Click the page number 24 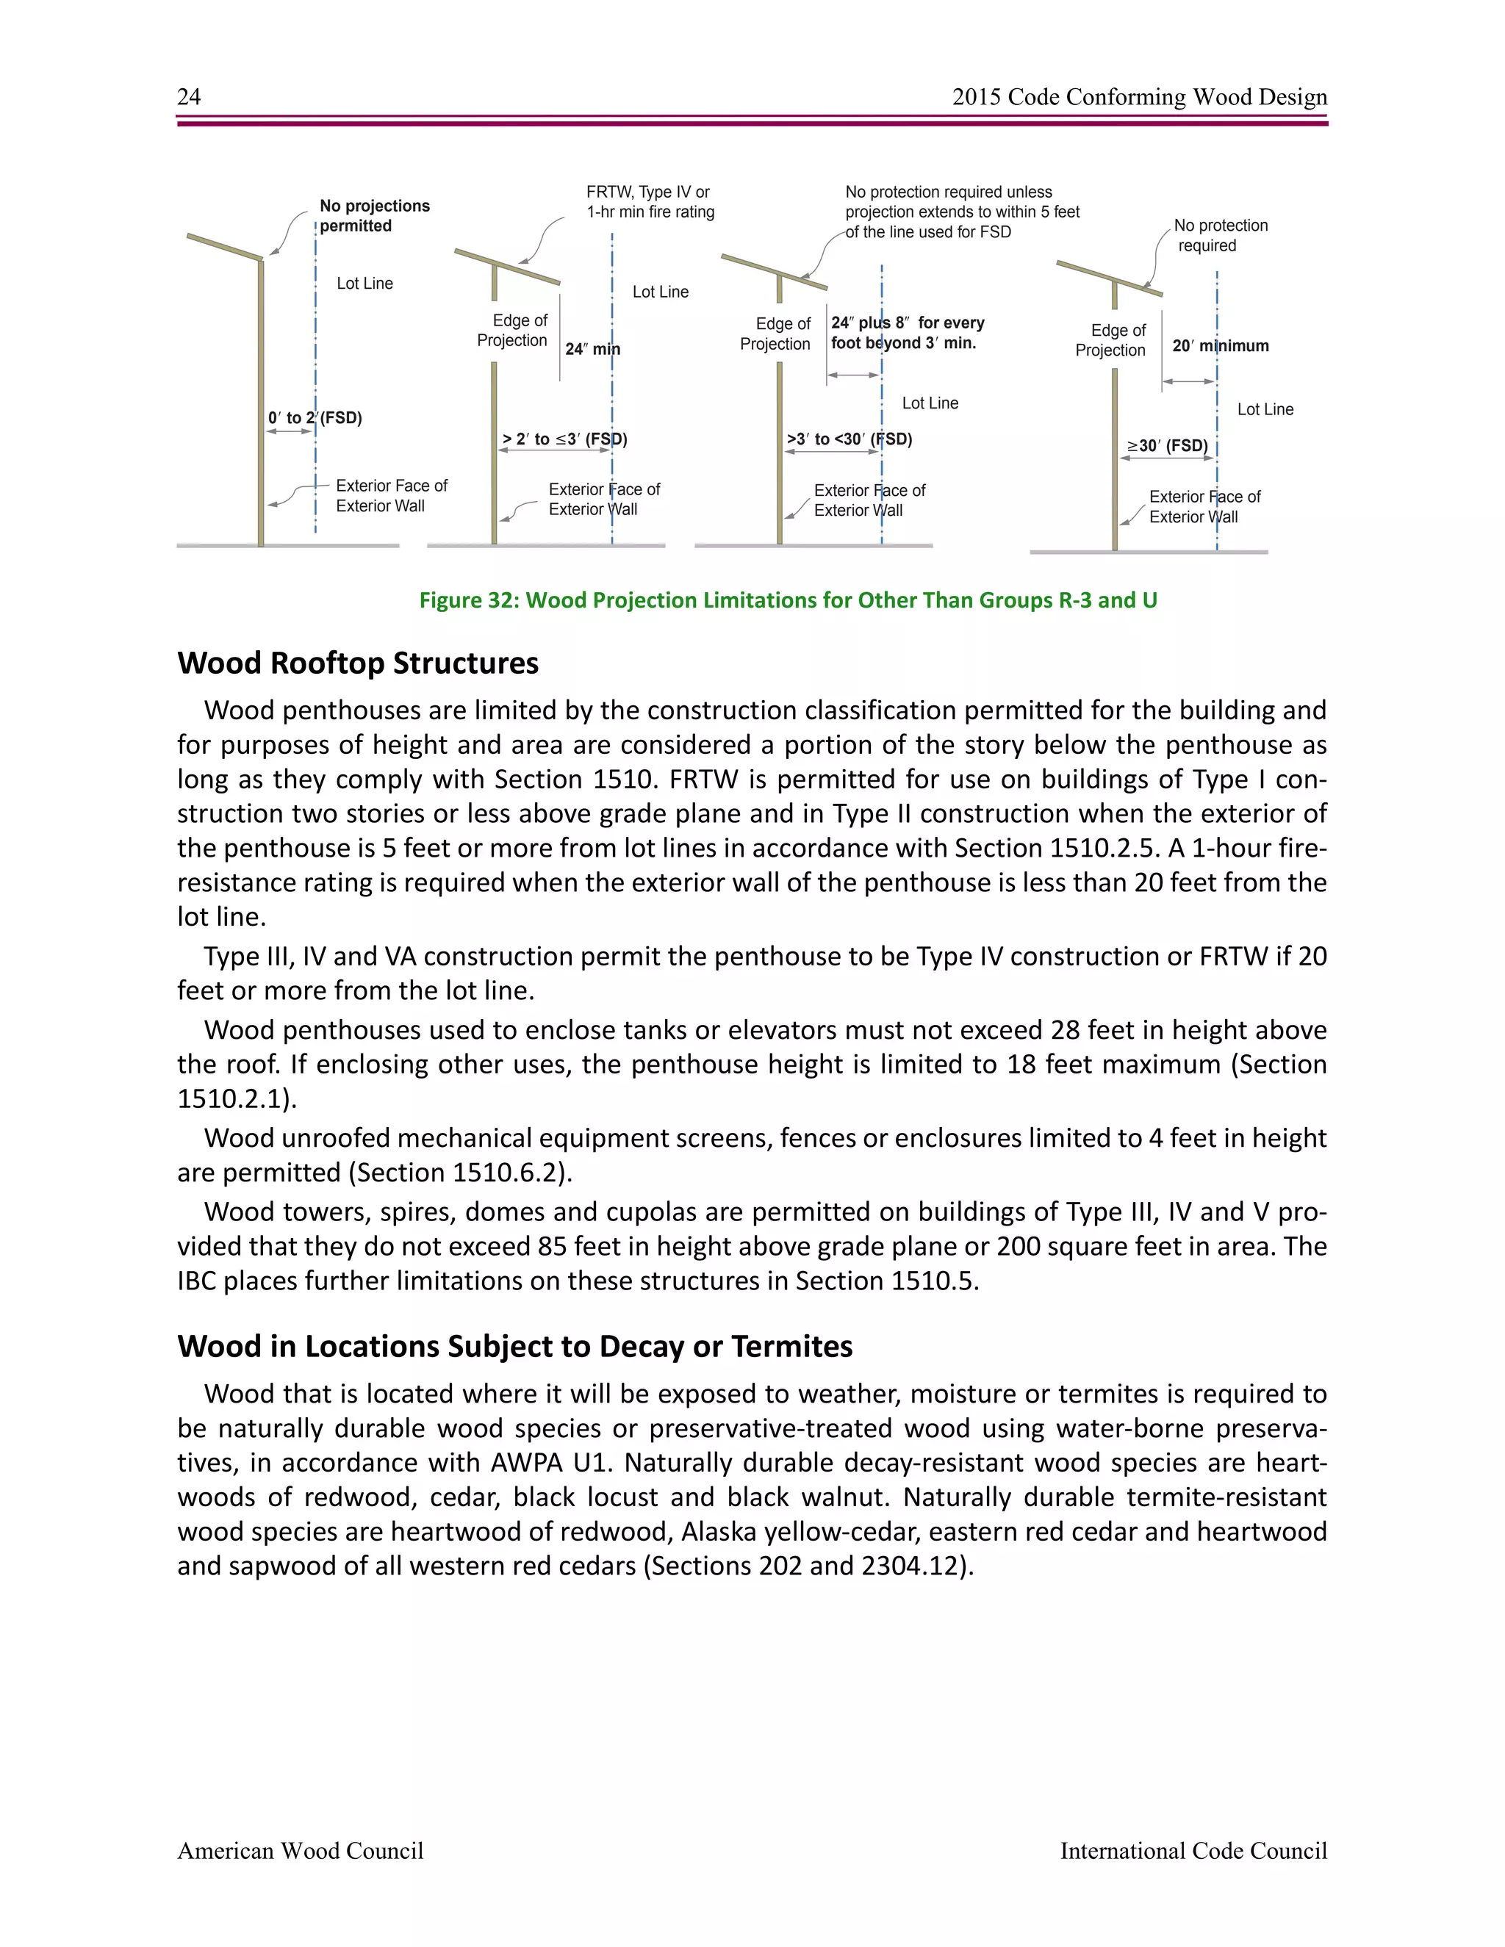coord(189,96)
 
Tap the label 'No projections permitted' coord(375,216)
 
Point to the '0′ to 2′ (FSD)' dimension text coord(315,418)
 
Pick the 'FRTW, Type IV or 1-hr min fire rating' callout coord(650,201)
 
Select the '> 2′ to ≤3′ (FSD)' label coord(564,439)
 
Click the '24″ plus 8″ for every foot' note coord(907,333)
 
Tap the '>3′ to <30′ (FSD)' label coord(849,439)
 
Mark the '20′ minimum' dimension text coord(1220,346)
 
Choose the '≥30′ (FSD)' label coord(1167,446)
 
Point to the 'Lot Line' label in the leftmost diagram coord(364,284)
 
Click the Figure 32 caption coord(789,600)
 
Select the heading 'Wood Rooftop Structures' coord(358,663)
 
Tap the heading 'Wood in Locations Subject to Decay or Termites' coord(514,1346)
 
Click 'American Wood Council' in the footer coord(301,1851)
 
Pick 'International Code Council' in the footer coord(1193,1851)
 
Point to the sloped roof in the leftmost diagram coord(224,247)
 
